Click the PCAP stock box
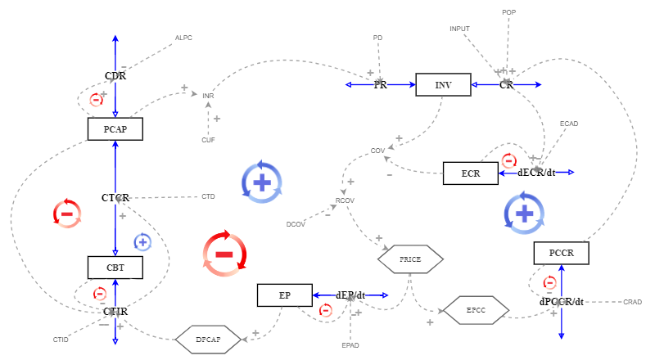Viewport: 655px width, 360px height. (x=115, y=129)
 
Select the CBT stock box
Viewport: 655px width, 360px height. (x=115, y=268)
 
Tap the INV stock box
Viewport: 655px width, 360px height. (x=443, y=84)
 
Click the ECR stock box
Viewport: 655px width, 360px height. (x=470, y=173)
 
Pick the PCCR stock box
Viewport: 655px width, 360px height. (x=562, y=254)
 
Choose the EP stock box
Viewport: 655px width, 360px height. (x=284, y=295)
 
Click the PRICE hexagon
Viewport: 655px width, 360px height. (x=410, y=259)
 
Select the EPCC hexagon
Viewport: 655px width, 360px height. (x=476, y=310)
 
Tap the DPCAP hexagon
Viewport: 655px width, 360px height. (x=209, y=339)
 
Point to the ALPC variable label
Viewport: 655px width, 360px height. (x=183, y=38)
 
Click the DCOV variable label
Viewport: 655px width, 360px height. (x=295, y=224)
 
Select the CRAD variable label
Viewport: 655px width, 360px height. (x=632, y=302)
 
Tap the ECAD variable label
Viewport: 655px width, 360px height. (x=569, y=124)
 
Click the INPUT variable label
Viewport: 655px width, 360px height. (x=459, y=29)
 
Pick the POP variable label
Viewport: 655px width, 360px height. (x=509, y=12)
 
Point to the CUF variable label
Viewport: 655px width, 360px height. (x=208, y=140)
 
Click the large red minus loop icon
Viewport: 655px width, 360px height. (x=224, y=253)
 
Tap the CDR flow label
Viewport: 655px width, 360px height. (x=115, y=76)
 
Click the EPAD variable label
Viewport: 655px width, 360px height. (x=350, y=345)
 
